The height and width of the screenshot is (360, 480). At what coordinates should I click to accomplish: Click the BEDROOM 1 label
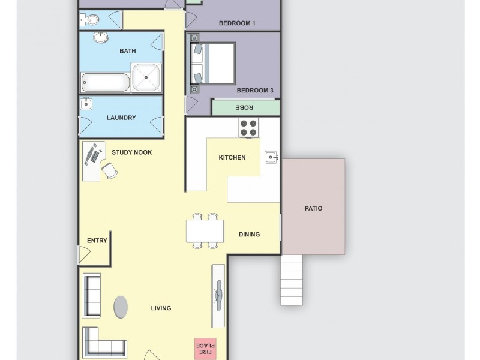pyautogui.click(x=237, y=23)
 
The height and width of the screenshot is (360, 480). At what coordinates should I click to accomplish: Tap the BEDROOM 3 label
pyautogui.click(x=254, y=91)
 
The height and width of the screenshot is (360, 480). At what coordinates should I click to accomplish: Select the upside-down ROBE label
pyautogui.click(x=245, y=107)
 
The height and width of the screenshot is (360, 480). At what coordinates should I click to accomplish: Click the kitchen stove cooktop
pyautogui.click(x=249, y=128)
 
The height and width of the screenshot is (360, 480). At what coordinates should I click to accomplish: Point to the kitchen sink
pyautogui.click(x=272, y=158)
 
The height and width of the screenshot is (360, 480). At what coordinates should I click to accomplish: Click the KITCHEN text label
pyautogui.click(x=232, y=158)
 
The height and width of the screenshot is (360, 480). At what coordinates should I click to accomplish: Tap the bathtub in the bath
pyautogui.click(x=106, y=83)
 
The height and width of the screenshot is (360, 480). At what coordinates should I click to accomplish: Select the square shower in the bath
pyautogui.click(x=146, y=78)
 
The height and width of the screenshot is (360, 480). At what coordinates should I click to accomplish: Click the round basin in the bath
pyautogui.click(x=101, y=38)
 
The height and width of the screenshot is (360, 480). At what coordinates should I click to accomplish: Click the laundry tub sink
pyautogui.click(x=86, y=104)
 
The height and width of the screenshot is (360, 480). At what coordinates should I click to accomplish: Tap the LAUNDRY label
pyautogui.click(x=121, y=118)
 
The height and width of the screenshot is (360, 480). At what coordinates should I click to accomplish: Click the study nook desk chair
pyautogui.click(x=110, y=172)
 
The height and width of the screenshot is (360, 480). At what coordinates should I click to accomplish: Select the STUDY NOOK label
pyautogui.click(x=131, y=152)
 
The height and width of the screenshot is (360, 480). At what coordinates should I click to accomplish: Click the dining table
pyautogui.click(x=205, y=231)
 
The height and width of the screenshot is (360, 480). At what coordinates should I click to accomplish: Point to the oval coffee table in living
pyautogui.click(x=121, y=307)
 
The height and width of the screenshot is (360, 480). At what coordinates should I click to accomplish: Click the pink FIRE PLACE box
pyautogui.click(x=205, y=349)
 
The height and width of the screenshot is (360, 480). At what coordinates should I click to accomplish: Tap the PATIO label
pyautogui.click(x=313, y=209)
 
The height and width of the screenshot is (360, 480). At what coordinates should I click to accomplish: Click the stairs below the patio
pyautogui.click(x=292, y=280)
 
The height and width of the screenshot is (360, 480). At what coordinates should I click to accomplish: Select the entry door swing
pyautogui.click(x=84, y=255)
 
